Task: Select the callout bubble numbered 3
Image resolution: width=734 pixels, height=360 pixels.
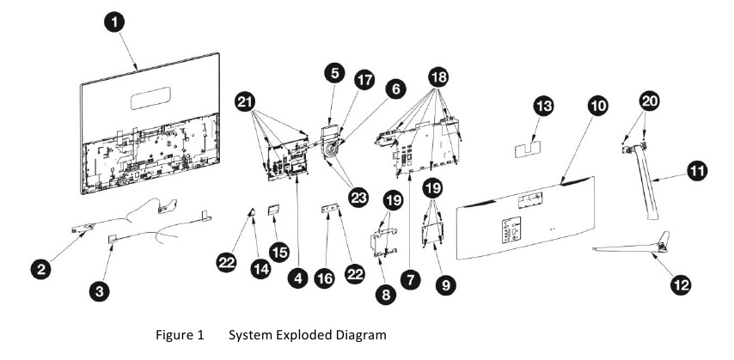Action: [x=101, y=292]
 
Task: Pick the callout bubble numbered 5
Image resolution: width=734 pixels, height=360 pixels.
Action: [x=334, y=73]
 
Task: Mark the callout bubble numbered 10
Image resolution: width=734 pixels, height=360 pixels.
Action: [x=599, y=107]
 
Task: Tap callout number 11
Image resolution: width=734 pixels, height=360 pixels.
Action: [x=697, y=172]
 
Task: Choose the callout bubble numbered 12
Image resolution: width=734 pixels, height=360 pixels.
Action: [x=681, y=284]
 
